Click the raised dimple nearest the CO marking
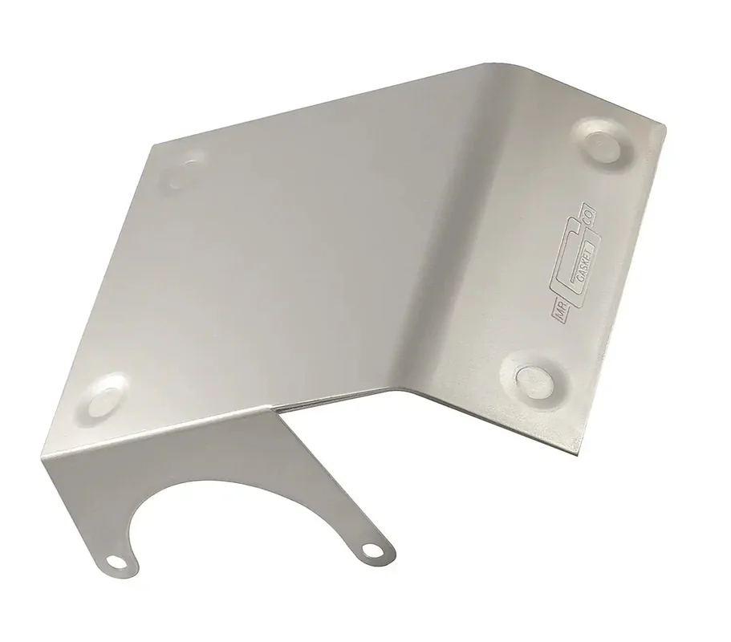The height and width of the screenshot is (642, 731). click(x=603, y=142)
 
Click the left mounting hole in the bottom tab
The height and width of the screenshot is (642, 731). click(x=114, y=561)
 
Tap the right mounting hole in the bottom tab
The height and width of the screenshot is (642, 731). click(x=372, y=551)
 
